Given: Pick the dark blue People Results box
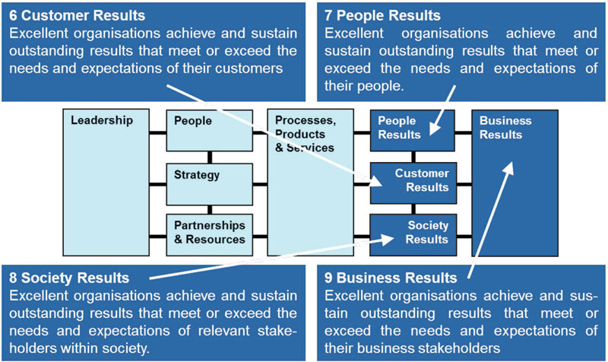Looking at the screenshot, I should tap(412, 130).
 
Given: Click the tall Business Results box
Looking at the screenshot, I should tap(515, 183).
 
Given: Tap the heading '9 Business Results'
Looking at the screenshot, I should tap(391, 277).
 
